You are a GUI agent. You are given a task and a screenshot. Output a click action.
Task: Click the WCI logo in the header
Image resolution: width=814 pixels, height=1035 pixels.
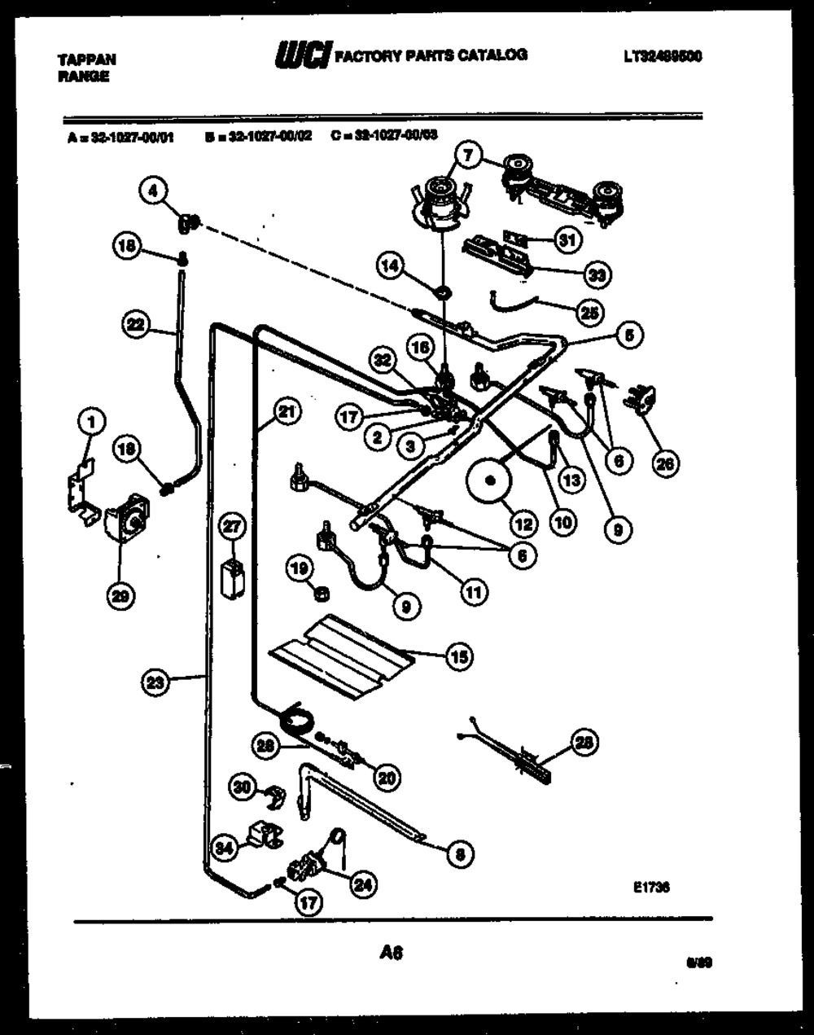302,55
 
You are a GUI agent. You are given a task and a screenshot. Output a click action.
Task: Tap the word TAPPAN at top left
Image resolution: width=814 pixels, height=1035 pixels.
87,59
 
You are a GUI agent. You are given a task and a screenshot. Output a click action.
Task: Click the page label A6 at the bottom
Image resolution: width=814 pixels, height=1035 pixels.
392,952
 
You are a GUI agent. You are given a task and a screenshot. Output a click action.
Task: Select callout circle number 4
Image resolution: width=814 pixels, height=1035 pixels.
153,191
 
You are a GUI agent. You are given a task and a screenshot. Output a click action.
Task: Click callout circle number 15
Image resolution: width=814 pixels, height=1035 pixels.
459,656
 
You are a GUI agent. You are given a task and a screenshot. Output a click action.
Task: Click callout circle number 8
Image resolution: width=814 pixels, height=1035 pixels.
461,854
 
